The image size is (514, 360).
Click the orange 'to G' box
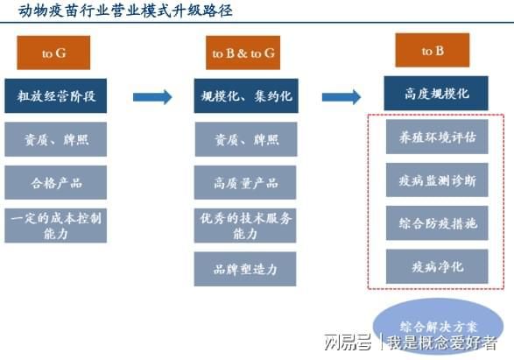click(53, 53)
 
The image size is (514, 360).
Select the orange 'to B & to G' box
click(243, 53)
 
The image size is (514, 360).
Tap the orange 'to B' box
click(433, 50)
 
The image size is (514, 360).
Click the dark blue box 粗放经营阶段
click(56, 95)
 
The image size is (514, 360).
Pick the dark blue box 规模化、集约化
click(246, 95)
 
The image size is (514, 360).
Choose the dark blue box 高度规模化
click(436, 94)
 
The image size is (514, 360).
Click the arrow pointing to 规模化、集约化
click(152, 97)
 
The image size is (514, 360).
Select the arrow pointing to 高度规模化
click(341, 97)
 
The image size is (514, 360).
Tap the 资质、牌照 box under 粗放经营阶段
click(56, 139)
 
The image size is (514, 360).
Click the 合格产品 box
click(56, 182)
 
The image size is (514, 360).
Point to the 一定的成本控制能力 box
click(56, 226)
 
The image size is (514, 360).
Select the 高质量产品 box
click(245, 182)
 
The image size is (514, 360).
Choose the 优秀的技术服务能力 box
click(245, 226)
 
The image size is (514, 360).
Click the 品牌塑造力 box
click(245, 269)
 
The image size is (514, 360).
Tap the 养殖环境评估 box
click(437, 137)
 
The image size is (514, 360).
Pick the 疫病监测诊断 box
click(437, 180)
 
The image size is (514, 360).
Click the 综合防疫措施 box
click(437, 223)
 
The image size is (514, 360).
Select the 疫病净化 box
click(437, 266)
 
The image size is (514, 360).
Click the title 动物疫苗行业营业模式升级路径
click(125, 11)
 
